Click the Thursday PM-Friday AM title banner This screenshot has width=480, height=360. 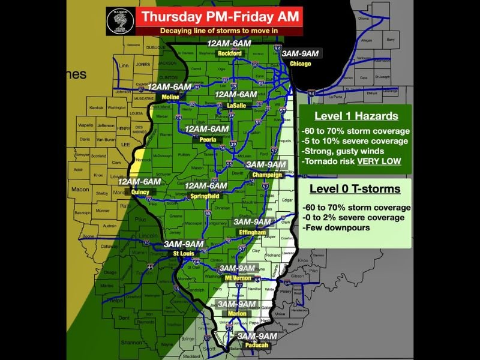[218, 16]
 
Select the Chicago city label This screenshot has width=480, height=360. [300, 64]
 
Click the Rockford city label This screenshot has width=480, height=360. [229, 53]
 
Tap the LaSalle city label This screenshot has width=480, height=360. [236, 105]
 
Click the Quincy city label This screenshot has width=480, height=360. [140, 192]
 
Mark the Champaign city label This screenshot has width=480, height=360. [266, 175]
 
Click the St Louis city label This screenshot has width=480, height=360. [184, 254]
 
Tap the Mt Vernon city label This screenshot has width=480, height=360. [238, 278]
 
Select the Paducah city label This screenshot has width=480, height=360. [256, 346]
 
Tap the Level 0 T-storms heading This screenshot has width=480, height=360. [355, 189]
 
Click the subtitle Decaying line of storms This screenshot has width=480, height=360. [218, 31]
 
